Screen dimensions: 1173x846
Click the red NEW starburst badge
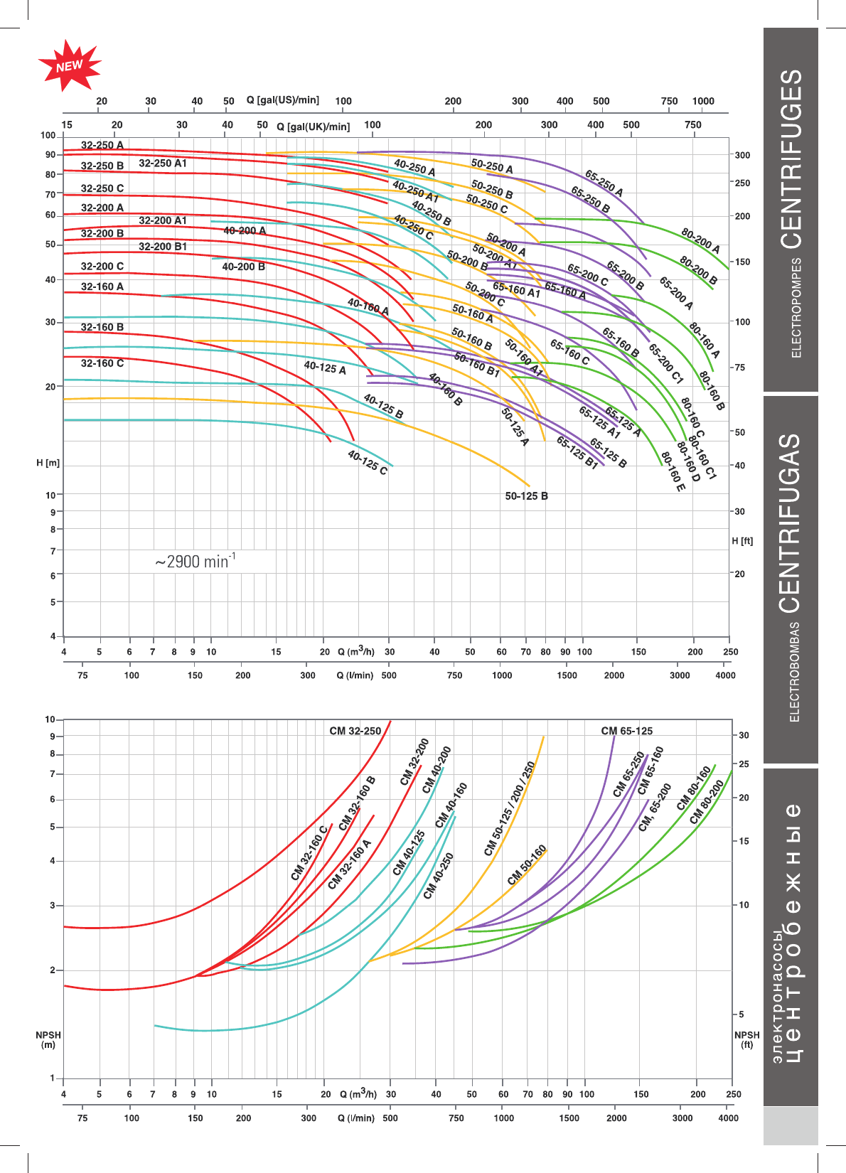69,65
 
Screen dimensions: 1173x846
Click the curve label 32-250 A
102,145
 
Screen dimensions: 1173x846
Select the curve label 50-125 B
526,496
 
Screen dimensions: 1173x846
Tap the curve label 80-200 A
700,241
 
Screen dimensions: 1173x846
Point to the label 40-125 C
368,463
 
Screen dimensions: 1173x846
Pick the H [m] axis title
48,463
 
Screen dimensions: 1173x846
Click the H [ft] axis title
742,541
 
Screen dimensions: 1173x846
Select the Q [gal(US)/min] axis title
283,100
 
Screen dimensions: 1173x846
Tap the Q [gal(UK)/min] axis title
314,127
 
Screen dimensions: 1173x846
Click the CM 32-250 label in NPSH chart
355,731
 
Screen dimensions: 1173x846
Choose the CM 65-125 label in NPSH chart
626,731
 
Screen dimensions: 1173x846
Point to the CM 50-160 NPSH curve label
527,865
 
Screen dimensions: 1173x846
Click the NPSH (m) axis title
48,1040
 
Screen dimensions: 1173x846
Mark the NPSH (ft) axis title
747,1040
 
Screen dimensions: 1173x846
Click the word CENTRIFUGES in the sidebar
791,159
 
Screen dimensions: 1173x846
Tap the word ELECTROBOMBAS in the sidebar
795,672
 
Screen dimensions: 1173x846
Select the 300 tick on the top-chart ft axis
742,155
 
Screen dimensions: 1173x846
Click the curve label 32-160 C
102,363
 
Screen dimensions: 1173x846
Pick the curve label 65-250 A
604,183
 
